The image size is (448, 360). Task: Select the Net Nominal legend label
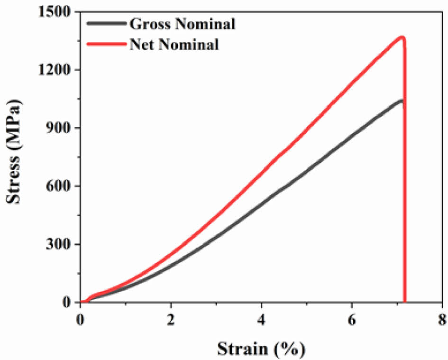pyautogui.click(x=174, y=45)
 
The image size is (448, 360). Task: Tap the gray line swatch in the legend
pyautogui.click(x=106, y=23)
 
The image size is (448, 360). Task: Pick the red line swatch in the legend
pyautogui.click(x=106, y=44)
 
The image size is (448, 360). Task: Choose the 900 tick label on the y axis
pyautogui.click(x=59, y=128)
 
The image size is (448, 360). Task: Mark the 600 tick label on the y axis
pyautogui.click(x=59, y=186)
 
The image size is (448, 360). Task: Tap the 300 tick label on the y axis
pyautogui.click(x=59, y=244)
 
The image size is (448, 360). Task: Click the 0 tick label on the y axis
pyautogui.click(x=69, y=303)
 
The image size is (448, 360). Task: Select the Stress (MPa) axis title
pyautogui.click(x=14, y=157)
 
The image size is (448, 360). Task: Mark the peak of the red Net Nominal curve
pyautogui.click(x=402, y=37)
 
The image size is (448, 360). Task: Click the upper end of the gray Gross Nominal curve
pyautogui.click(x=402, y=101)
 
